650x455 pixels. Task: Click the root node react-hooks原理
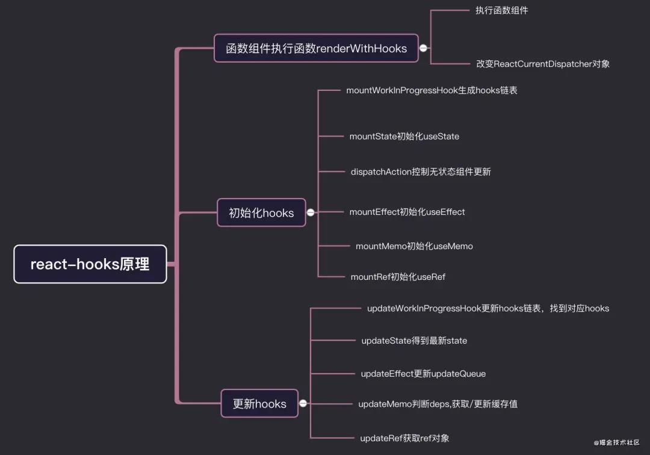point(90,264)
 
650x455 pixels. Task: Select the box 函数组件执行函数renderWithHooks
point(316,48)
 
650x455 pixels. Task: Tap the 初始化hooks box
point(261,212)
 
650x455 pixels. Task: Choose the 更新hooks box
point(259,403)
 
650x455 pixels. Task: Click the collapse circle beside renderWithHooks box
point(424,48)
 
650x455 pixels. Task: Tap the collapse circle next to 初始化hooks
point(311,212)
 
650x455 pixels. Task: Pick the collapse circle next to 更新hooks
point(303,403)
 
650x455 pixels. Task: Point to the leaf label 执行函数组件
point(503,11)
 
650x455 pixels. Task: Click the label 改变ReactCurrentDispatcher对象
point(542,63)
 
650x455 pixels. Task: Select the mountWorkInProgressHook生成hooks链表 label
point(432,90)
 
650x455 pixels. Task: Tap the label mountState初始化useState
point(404,137)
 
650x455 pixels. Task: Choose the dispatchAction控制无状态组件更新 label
point(421,172)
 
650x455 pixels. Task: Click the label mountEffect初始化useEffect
point(407,212)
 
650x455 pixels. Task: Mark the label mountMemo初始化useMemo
point(414,246)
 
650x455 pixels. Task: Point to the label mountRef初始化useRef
point(398,277)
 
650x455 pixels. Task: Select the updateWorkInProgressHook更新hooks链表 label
point(487,308)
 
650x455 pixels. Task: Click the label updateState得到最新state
point(414,341)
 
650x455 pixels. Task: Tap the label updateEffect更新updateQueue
point(423,374)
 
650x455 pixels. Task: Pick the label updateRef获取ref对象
point(404,438)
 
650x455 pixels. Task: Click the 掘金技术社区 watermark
point(616,442)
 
